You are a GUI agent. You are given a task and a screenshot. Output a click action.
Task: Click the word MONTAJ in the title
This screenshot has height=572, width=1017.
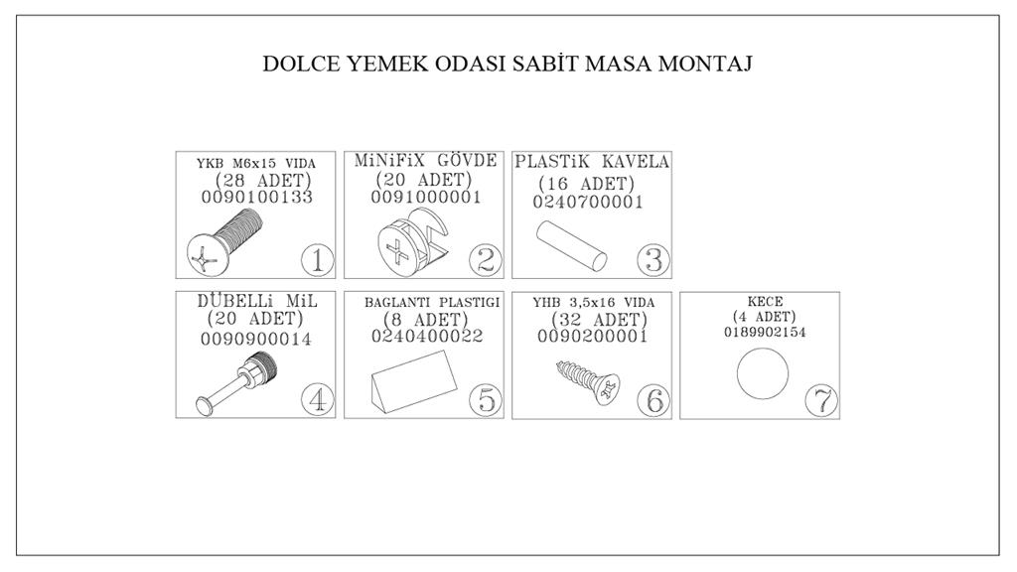tap(705, 65)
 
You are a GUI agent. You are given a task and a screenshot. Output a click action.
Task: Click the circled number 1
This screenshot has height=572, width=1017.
tap(317, 260)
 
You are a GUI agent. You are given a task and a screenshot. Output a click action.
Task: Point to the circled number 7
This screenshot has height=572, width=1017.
tap(821, 400)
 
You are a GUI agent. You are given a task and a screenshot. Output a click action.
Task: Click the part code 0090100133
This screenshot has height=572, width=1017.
tap(257, 198)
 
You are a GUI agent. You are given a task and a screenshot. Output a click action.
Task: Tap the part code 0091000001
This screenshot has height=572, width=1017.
tap(426, 198)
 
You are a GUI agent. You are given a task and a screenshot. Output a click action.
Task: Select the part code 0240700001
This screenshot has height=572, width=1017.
tap(588, 203)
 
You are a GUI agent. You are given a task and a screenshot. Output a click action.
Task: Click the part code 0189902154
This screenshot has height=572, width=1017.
tap(765, 332)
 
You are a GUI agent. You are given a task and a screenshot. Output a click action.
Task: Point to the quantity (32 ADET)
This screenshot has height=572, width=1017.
tap(599, 320)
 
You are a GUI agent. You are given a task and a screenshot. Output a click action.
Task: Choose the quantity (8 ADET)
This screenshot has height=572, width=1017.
tap(425, 320)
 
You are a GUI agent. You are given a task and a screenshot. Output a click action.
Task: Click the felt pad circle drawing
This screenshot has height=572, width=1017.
tap(763, 373)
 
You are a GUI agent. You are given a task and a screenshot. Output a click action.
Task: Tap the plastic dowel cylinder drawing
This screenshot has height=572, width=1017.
tap(571, 245)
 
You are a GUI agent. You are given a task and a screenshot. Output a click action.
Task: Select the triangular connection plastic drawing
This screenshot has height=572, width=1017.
tap(414, 380)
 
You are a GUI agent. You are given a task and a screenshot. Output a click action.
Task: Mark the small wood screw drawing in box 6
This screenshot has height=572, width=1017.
tap(588, 381)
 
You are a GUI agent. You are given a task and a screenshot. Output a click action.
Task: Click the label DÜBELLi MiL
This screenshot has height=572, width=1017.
tap(257, 302)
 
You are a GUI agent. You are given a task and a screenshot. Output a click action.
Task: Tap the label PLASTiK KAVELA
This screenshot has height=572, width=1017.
tap(592, 162)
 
